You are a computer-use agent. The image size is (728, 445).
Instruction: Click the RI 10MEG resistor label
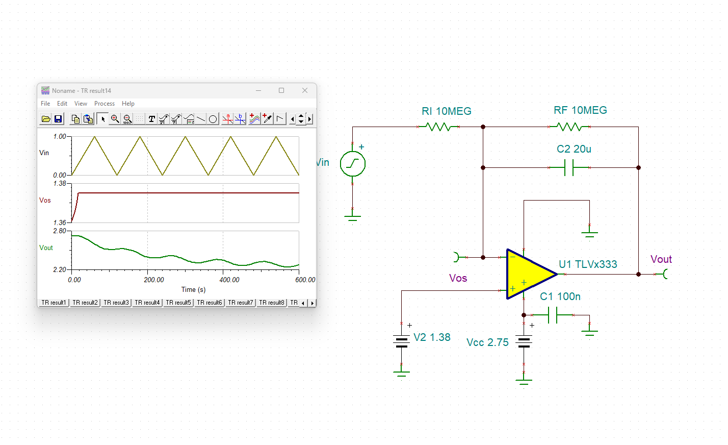click(x=446, y=111)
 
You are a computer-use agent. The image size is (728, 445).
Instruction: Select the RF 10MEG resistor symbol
click(x=569, y=127)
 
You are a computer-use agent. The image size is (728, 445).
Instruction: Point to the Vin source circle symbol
click(x=353, y=164)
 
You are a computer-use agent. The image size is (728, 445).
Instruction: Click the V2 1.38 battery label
click(x=432, y=337)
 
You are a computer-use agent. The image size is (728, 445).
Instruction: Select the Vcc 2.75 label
click(x=487, y=342)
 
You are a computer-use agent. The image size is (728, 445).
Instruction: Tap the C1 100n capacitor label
click(x=560, y=296)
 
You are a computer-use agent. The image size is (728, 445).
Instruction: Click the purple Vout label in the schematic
click(x=661, y=259)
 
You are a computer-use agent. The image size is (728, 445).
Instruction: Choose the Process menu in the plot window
click(x=105, y=104)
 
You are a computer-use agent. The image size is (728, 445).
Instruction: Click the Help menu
click(x=128, y=104)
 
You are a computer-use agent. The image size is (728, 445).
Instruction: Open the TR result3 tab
click(x=116, y=303)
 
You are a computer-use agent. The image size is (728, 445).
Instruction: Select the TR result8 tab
click(x=272, y=303)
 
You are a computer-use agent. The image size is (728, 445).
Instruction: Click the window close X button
click(x=305, y=90)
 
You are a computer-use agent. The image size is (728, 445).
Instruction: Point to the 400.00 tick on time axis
click(x=229, y=280)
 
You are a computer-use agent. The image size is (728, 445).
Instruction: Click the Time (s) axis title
click(x=193, y=289)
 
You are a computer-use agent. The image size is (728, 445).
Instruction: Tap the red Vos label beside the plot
click(x=45, y=201)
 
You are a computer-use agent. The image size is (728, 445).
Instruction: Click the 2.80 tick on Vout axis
click(x=60, y=231)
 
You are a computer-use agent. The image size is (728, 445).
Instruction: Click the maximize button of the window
click(x=281, y=90)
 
